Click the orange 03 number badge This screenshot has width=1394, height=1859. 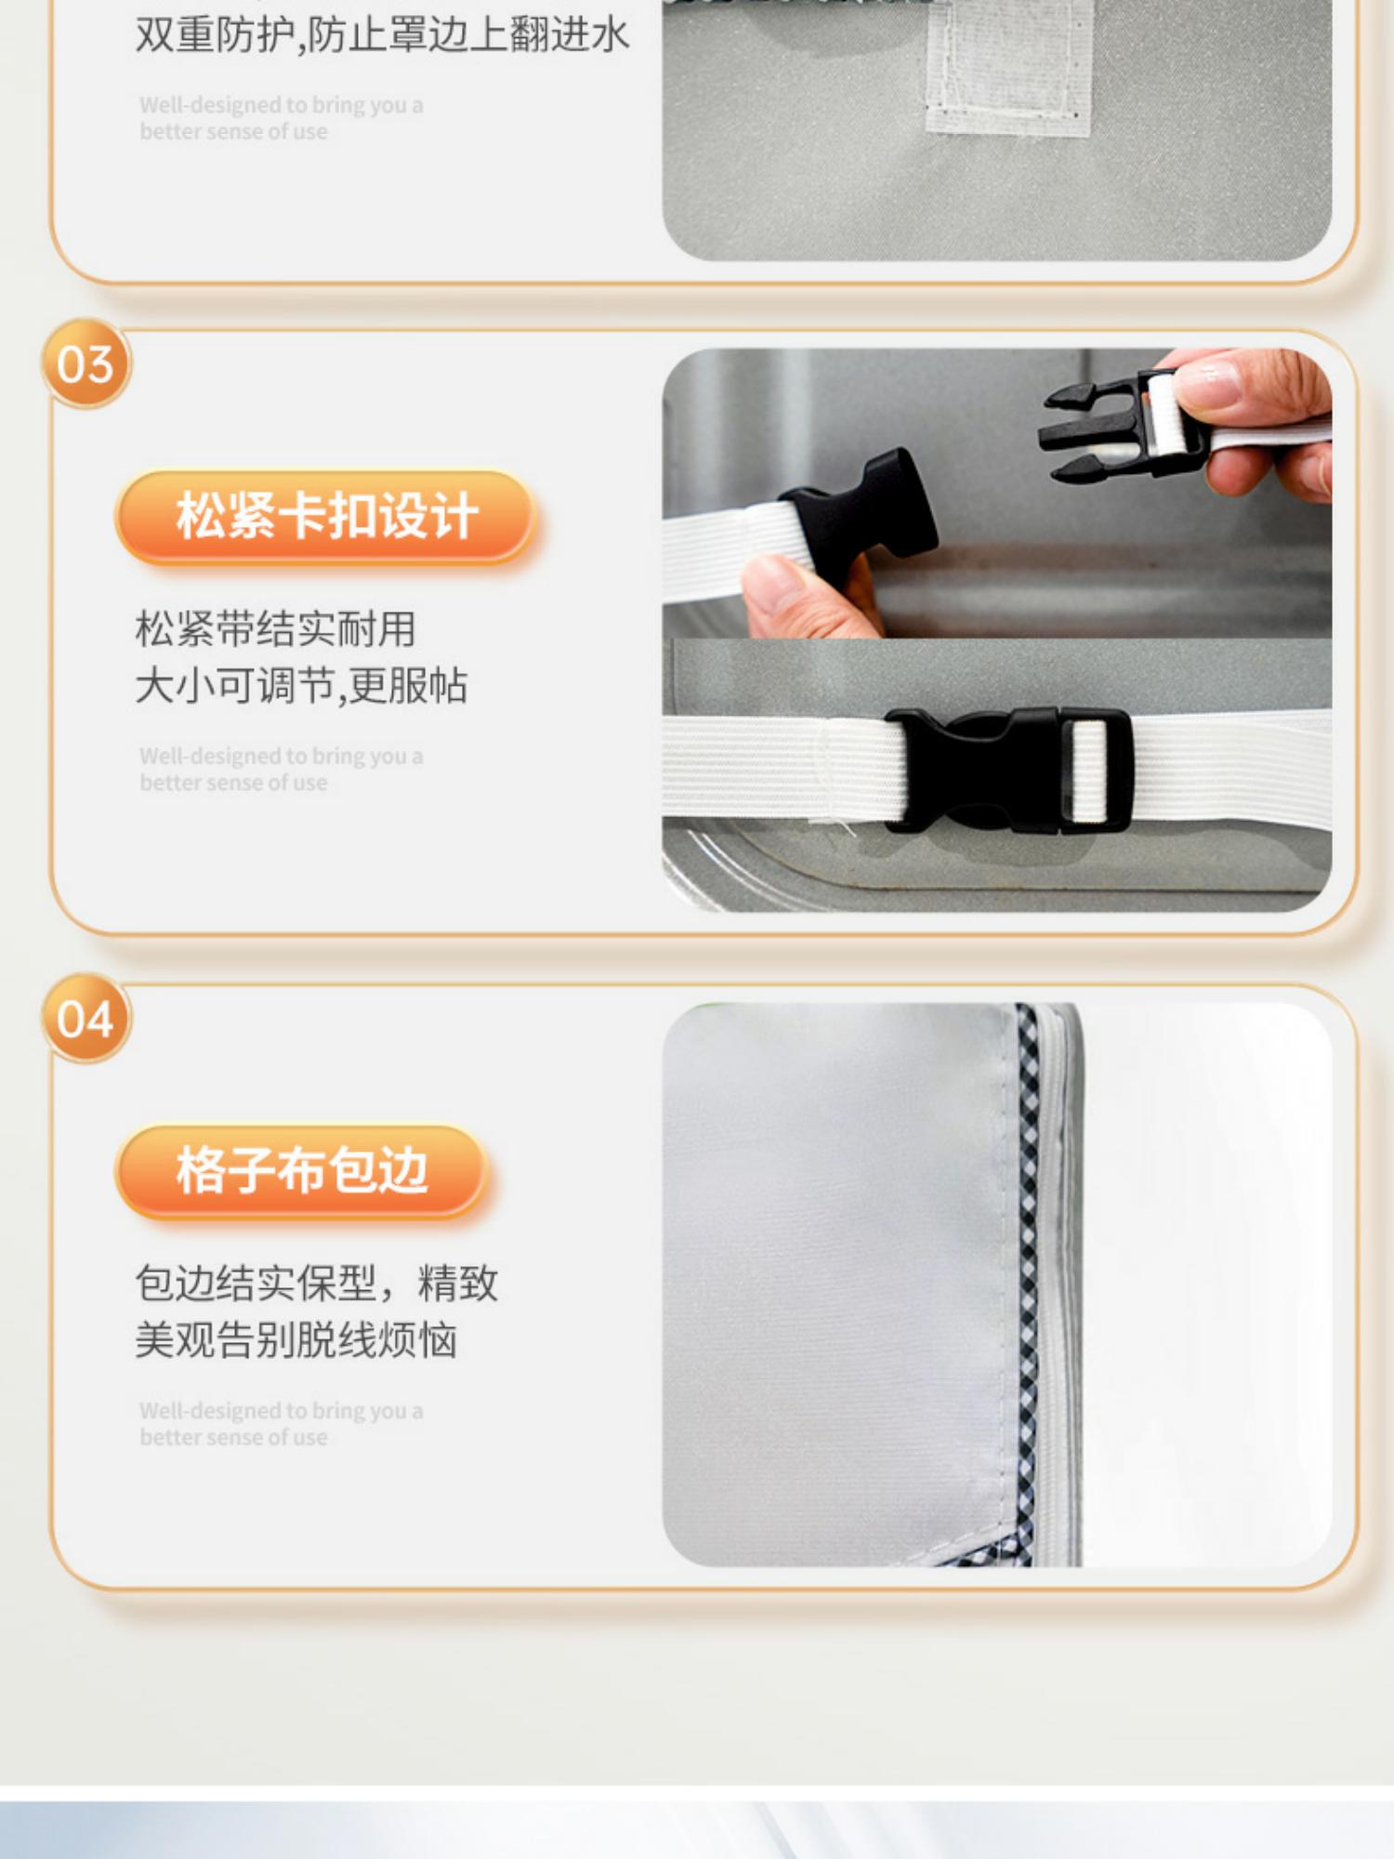pos(85,363)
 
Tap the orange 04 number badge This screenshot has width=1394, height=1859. pos(85,1018)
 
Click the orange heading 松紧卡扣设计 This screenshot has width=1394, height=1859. pos(326,516)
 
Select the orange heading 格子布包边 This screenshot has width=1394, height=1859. pos(302,1170)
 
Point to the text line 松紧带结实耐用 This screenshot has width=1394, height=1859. pos(275,629)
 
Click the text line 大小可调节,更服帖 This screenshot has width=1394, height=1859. pos(301,686)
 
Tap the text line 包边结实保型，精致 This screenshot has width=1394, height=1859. pos(317,1284)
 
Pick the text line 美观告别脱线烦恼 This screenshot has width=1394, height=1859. pos(296,1340)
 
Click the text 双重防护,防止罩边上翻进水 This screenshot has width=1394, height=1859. pos(383,35)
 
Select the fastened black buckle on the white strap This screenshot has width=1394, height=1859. pos(1008,770)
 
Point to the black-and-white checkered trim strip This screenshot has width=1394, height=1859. pos(1028,1283)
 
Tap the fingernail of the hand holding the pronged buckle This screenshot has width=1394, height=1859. pos(1211,379)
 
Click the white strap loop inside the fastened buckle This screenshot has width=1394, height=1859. pos(1090,771)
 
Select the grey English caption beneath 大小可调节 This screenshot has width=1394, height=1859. pos(282,770)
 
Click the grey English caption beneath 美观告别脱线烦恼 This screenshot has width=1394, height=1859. pos(282,1424)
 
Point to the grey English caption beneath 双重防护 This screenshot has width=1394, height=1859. pos(282,118)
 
